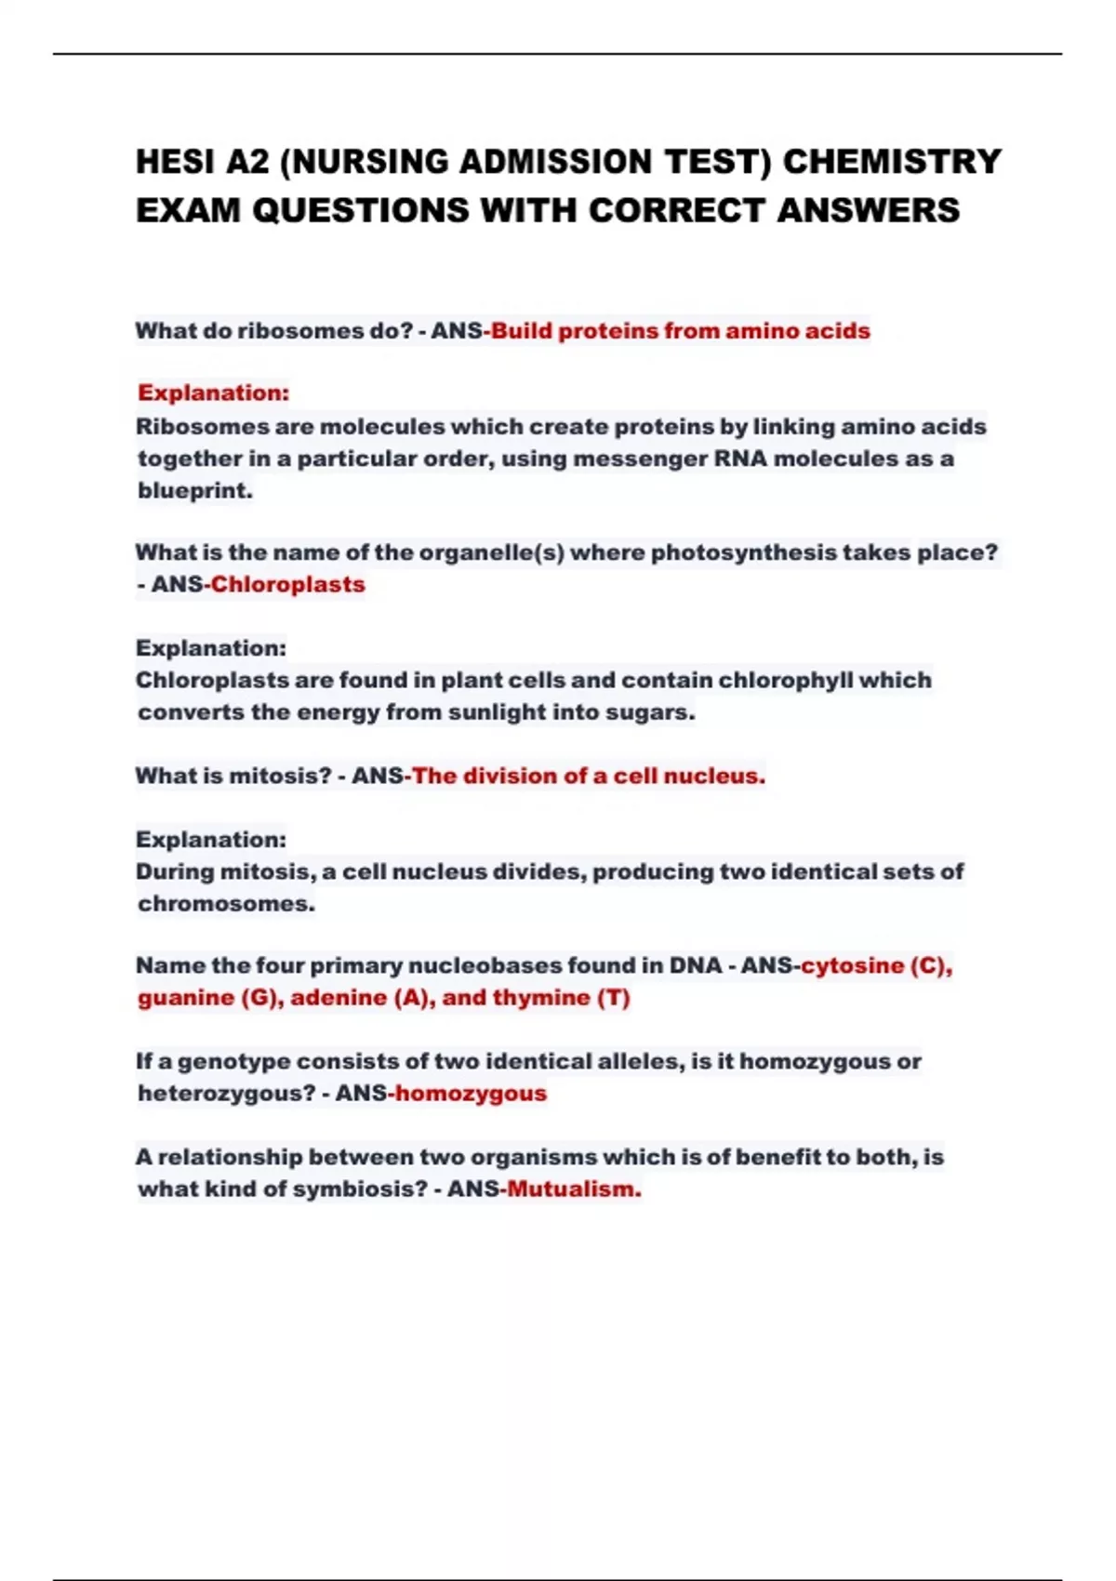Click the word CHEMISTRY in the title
tap(892, 162)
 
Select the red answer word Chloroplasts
tap(287, 585)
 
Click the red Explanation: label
tap(213, 392)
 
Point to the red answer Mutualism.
tap(574, 1189)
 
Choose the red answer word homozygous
tap(471, 1093)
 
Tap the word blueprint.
tap(194, 490)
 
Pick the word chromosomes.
tap(226, 904)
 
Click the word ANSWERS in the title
tap(867, 210)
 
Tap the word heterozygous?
tap(227, 1093)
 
